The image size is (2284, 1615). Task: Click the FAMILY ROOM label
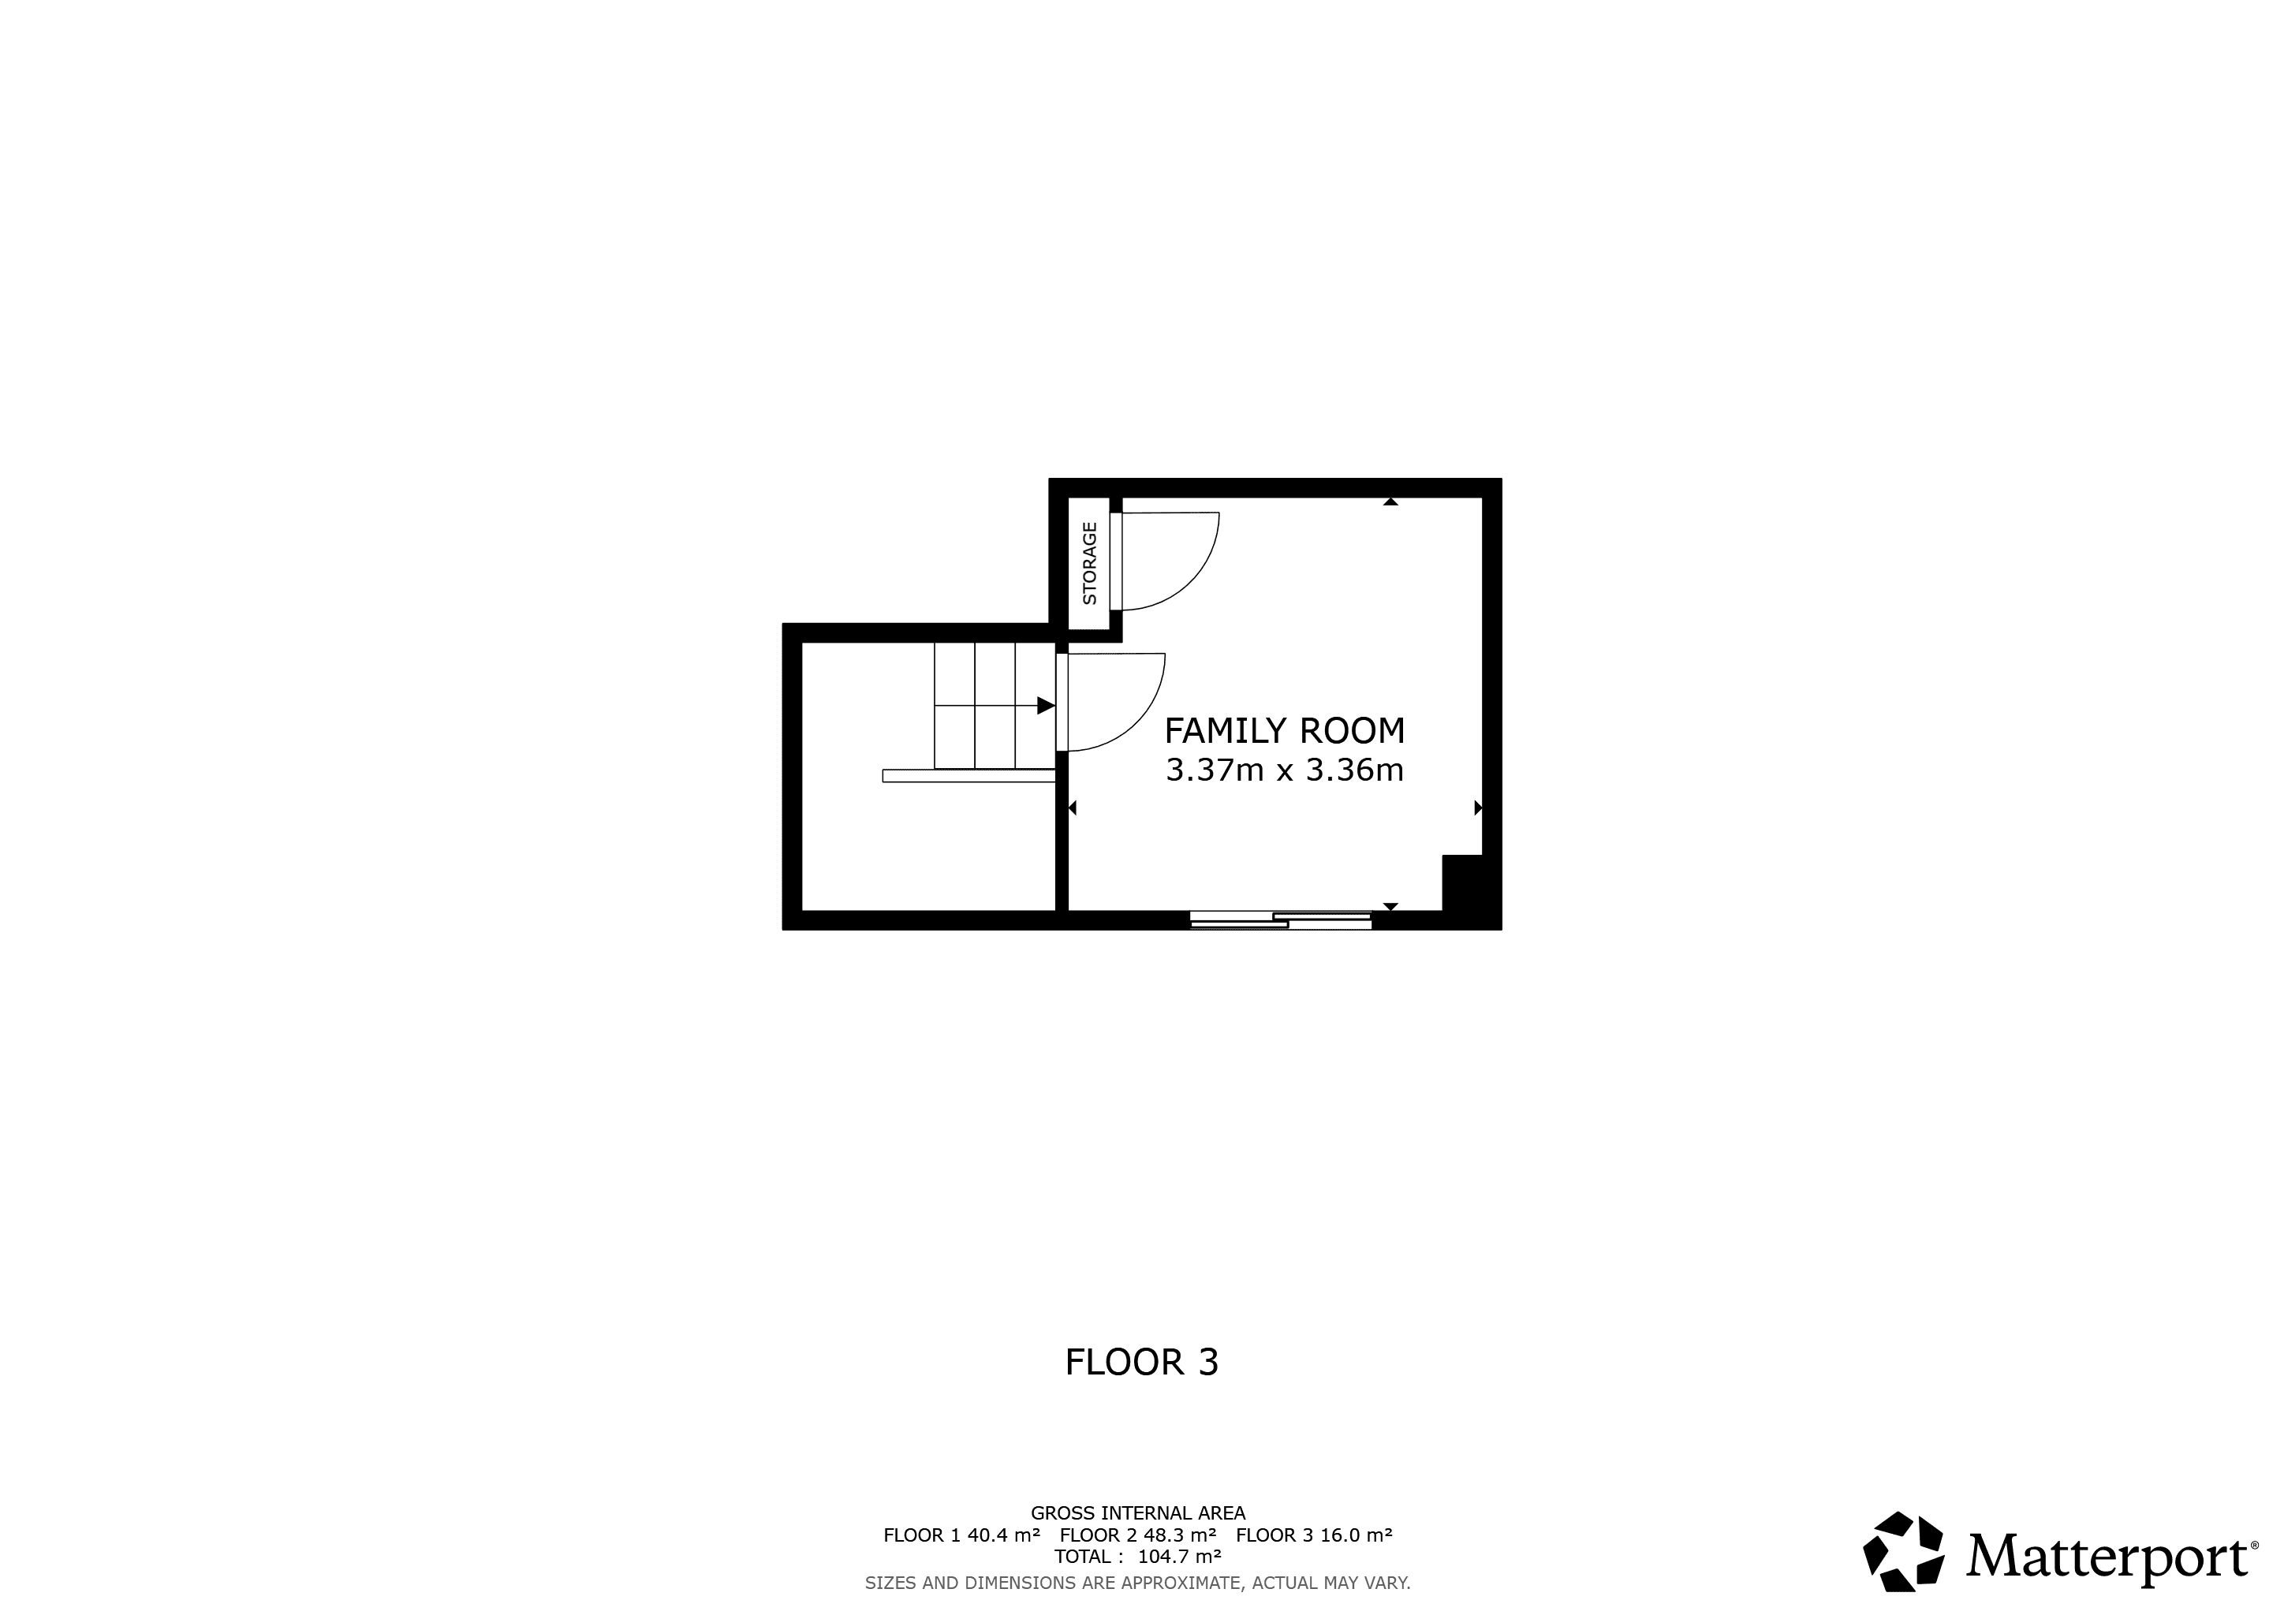click(1284, 731)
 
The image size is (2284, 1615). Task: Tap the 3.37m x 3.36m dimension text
click(1284, 770)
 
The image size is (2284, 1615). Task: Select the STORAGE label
click(1089, 563)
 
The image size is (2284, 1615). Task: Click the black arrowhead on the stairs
click(1046, 705)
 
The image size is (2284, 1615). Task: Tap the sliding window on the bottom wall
click(1282, 920)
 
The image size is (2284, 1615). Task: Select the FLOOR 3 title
click(1141, 1363)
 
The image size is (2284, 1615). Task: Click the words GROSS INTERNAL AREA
click(1138, 1513)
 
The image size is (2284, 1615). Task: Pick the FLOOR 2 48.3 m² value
click(1138, 1535)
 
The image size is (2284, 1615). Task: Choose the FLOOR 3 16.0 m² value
click(1314, 1535)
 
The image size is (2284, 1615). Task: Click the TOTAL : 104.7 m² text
click(1138, 1557)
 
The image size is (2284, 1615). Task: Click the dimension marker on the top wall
click(1390, 502)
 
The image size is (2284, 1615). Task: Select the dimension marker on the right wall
click(1478, 807)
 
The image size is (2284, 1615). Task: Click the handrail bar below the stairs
click(969, 776)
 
